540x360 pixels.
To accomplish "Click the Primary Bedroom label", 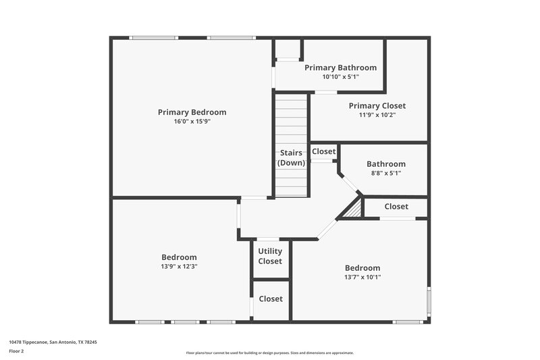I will (x=192, y=112).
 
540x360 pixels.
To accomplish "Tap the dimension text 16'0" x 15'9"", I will (x=192, y=122).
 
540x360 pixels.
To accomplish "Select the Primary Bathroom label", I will (x=340, y=68).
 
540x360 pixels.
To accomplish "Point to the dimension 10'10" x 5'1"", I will (x=340, y=77).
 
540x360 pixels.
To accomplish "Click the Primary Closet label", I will (x=377, y=105).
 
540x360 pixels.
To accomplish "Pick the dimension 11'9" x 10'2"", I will (x=377, y=115).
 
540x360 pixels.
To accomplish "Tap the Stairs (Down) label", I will (x=291, y=157).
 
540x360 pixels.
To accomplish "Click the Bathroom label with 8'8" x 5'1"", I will (x=385, y=163).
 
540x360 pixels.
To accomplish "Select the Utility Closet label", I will (x=270, y=256).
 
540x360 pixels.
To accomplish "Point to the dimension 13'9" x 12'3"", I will (x=179, y=266).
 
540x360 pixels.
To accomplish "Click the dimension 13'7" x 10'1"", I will (x=362, y=277).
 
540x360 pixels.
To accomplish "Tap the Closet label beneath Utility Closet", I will (x=270, y=299).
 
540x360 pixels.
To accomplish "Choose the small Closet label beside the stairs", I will (x=323, y=151).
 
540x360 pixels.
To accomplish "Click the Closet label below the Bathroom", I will (x=396, y=206).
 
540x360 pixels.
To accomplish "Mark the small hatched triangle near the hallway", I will (x=354, y=211).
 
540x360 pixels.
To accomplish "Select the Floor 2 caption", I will (x=16, y=351).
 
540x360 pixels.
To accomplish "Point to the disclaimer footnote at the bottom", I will (x=269, y=353).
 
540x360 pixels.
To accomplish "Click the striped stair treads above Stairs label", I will (x=291, y=122).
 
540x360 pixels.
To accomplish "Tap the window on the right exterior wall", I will (x=429, y=301).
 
